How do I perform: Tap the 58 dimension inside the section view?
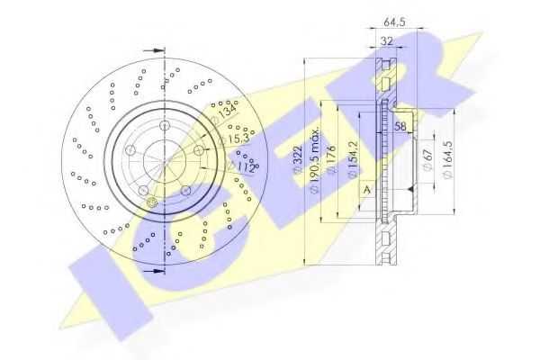[400, 127]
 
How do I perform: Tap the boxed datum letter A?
[366, 189]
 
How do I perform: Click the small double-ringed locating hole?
[152, 204]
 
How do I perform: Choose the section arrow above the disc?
[157, 51]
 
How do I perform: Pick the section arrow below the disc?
[157, 268]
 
